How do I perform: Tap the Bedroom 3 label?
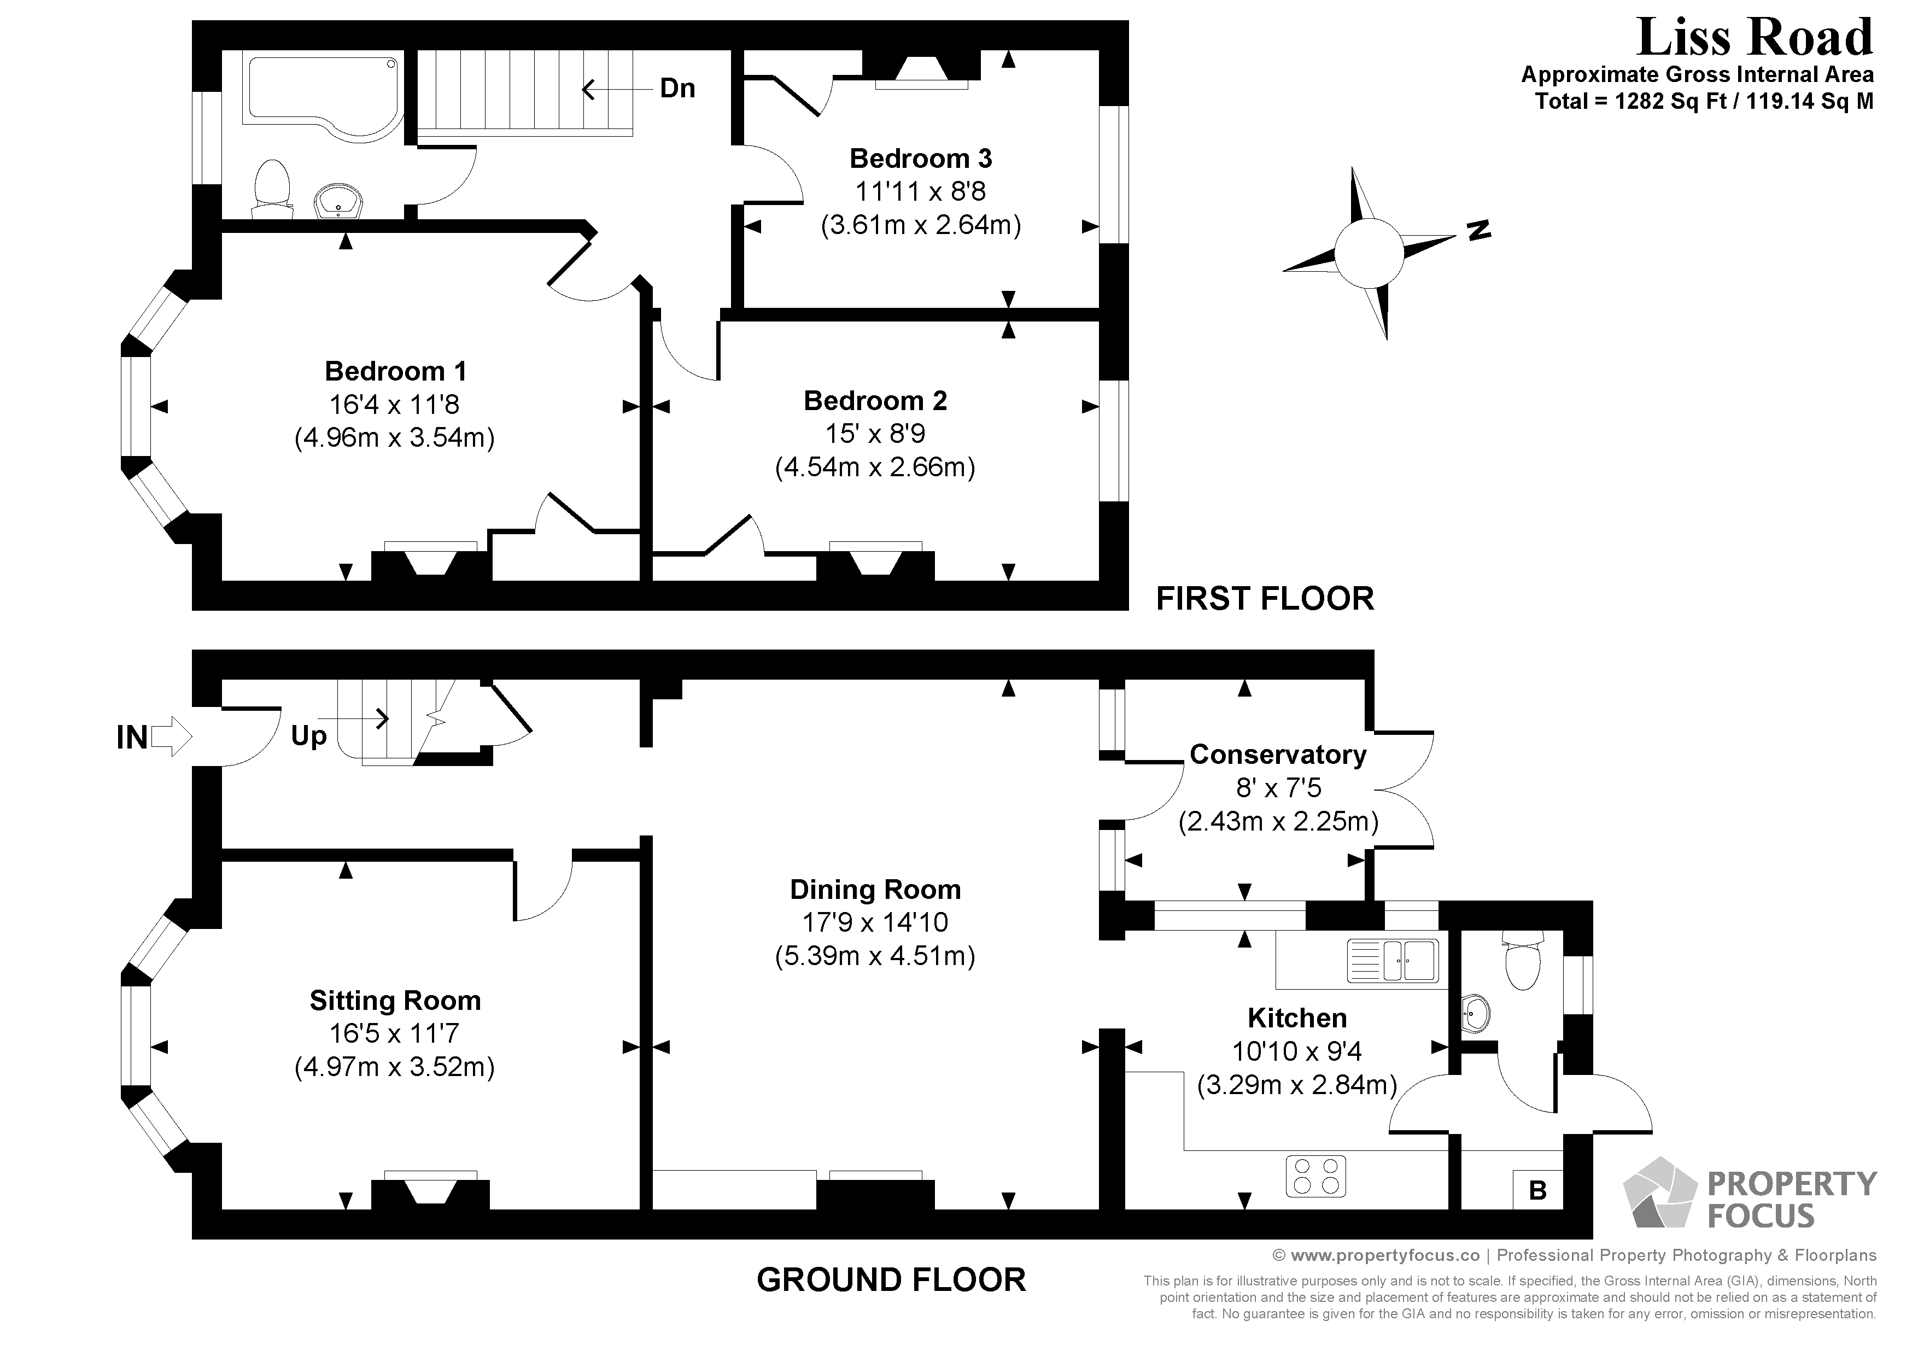(x=921, y=158)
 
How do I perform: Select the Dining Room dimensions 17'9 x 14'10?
(x=875, y=922)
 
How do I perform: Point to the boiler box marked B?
(x=1537, y=1190)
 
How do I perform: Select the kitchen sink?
(x=1393, y=961)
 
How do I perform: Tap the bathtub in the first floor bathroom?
(x=321, y=92)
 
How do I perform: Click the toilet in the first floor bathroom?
(x=272, y=185)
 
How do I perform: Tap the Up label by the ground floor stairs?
(x=308, y=736)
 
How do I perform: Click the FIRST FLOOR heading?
(x=1265, y=599)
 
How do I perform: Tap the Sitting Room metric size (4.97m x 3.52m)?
(x=394, y=1067)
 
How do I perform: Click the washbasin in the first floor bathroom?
(x=338, y=201)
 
